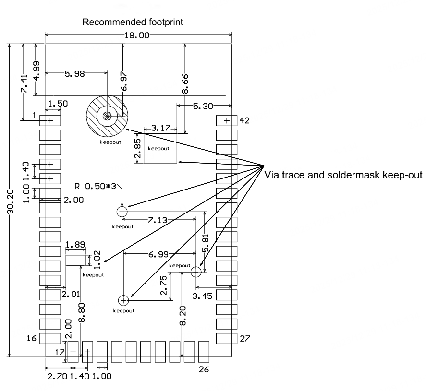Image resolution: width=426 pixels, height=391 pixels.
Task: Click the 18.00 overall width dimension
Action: (138, 35)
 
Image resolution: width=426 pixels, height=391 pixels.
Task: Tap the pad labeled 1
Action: (49, 120)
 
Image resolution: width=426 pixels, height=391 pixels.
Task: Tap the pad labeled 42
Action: (227, 120)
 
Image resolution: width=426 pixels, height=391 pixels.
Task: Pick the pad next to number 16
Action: (49, 338)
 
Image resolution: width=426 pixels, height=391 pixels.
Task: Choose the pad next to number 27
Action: (227, 338)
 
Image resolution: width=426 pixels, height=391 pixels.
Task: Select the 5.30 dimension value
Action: (204, 106)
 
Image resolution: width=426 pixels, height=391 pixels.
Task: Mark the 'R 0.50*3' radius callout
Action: (93, 185)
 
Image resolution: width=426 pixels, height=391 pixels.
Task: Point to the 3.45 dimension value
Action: (202, 296)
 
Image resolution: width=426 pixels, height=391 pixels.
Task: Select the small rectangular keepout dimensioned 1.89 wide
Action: (75, 260)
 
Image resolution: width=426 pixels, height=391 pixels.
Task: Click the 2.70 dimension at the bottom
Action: (57, 376)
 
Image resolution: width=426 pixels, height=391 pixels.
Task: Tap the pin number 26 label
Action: (204, 370)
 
